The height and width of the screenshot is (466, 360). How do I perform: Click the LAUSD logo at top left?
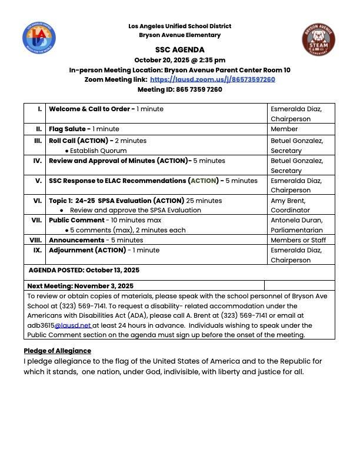click(39, 38)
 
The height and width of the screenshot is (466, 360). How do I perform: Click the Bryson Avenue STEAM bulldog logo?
click(319, 39)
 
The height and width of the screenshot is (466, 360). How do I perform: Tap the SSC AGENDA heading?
click(180, 50)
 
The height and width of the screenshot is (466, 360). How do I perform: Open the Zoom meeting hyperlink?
click(212, 79)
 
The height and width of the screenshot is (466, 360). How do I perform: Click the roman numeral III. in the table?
click(38, 141)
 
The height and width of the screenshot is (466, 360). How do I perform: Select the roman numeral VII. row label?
click(36, 220)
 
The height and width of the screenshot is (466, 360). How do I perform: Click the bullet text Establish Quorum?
click(98, 151)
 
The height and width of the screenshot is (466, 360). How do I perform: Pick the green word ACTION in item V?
click(204, 181)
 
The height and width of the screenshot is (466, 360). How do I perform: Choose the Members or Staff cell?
click(298, 240)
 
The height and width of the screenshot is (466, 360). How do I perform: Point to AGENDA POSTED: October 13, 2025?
click(84, 271)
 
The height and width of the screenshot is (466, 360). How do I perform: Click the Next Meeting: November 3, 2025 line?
click(81, 286)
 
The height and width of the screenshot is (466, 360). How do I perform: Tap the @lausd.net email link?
click(73, 325)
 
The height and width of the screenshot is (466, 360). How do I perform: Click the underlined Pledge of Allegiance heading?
click(57, 351)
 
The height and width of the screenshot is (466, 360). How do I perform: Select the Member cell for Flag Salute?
click(284, 129)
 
